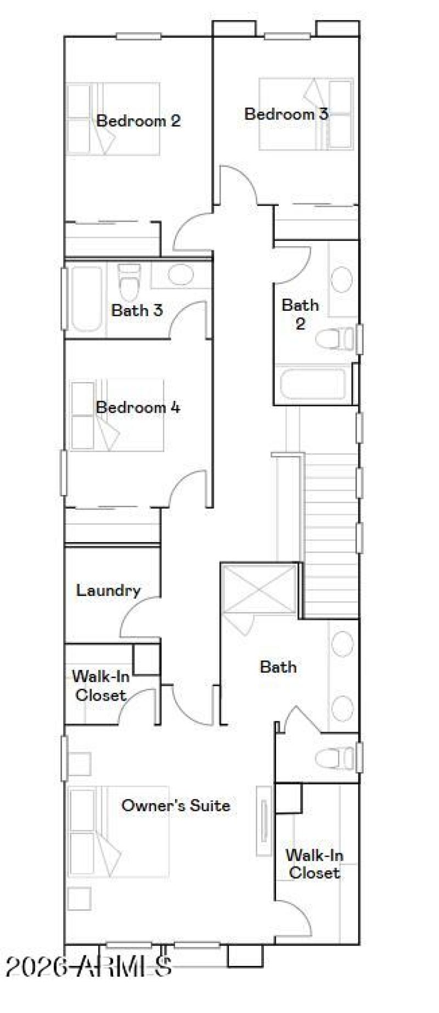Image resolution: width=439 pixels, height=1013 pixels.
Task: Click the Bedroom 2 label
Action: click(x=138, y=121)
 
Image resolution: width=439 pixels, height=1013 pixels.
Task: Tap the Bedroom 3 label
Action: click(x=286, y=114)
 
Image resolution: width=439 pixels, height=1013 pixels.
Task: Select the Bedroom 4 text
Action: click(x=138, y=407)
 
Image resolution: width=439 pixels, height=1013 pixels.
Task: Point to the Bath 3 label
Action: click(x=137, y=310)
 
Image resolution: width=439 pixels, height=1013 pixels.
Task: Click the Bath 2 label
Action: click(x=300, y=314)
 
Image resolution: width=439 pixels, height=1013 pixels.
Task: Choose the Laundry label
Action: click(x=108, y=590)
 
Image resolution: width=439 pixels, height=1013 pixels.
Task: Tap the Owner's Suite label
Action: click(x=176, y=805)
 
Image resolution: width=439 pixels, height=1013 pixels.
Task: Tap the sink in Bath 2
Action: click(x=342, y=280)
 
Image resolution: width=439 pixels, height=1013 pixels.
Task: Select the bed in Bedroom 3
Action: click(x=306, y=114)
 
